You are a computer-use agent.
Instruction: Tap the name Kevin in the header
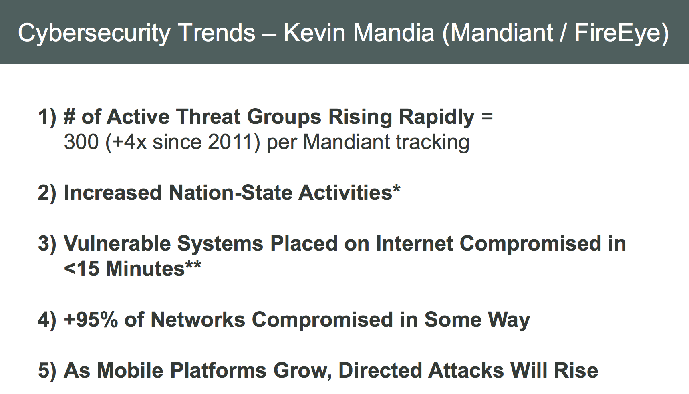(x=314, y=32)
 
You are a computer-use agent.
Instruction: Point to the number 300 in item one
(x=81, y=142)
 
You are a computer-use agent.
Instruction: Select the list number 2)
(x=47, y=193)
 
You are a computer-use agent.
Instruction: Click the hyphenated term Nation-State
(x=230, y=193)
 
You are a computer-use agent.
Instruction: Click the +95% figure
(x=91, y=320)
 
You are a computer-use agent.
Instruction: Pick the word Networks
(x=198, y=320)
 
